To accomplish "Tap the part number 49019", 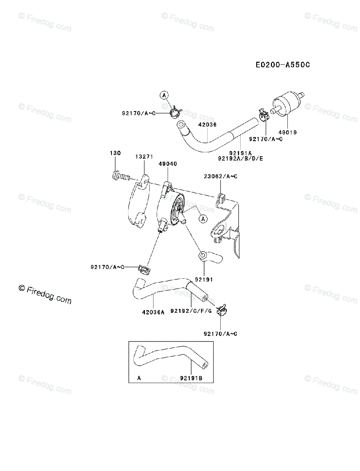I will point(288,132).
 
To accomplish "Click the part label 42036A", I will point(153,313).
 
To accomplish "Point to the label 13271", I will point(144,156).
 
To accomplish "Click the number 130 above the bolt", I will point(115,153).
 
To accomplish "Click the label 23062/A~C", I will point(220,176).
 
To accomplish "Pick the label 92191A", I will point(240,153).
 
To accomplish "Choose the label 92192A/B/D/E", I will point(240,159).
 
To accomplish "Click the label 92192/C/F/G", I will point(191,311).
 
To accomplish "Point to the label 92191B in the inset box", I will point(191,378).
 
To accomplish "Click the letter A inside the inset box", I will point(139,378).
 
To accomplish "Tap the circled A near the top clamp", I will point(164,95).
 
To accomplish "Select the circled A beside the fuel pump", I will point(203,219).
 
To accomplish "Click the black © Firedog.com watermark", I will point(45,294).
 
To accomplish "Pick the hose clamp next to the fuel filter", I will point(264,115).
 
